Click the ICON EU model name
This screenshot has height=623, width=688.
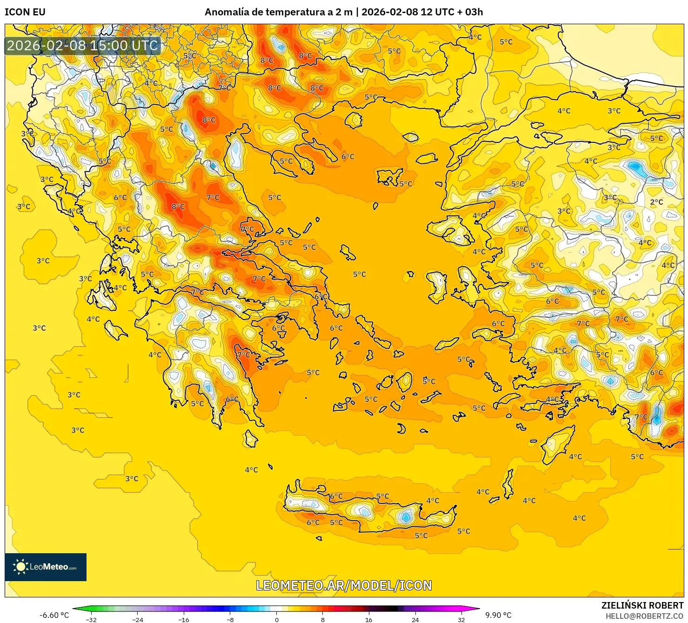[25, 12]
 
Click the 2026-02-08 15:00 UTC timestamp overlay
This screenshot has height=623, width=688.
[82, 46]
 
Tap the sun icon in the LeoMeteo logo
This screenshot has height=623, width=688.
[20, 567]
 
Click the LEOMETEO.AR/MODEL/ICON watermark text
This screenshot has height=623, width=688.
[344, 585]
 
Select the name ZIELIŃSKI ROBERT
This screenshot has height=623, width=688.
[642, 605]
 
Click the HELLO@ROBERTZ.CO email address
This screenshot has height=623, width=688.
[644, 616]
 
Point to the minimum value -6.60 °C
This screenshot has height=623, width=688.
[54, 615]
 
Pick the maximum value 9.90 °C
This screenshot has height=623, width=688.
[498, 615]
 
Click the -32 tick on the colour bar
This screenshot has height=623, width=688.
[92, 619]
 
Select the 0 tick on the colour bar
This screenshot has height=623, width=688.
[277, 619]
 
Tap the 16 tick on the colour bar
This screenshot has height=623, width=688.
[369, 619]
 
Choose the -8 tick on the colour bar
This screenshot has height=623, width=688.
[230, 619]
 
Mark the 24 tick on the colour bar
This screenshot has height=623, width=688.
[415, 619]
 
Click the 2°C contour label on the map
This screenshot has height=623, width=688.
[656, 202]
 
